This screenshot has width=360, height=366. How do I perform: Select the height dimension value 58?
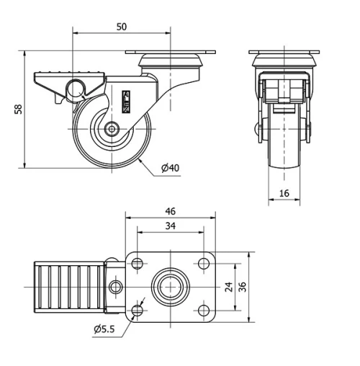[x=17, y=110]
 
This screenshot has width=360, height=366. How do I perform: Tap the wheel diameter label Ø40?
[x=170, y=168]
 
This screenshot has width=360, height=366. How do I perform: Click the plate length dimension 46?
[x=170, y=212]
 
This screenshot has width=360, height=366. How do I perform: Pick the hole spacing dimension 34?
[x=170, y=226]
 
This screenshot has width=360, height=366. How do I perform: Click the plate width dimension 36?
[x=243, y=287]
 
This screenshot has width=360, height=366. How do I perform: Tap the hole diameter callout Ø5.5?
[x=106, y=330]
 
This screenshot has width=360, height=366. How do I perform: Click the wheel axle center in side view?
[x=113, y=130]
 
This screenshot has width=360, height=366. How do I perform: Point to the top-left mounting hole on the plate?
[x=138, y=264]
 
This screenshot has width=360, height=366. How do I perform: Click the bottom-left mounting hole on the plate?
[x=138, y=311]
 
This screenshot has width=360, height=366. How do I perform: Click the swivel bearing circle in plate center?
[x=170, y=287]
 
